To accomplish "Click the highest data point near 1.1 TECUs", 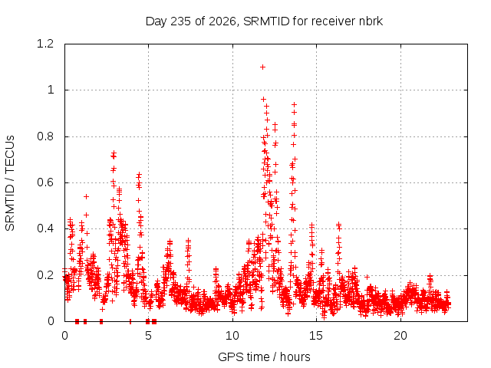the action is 262,67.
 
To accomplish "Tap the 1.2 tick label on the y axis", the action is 45,44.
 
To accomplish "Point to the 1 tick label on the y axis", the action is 51,90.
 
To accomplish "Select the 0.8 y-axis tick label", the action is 45,136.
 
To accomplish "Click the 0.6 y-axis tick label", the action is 45,182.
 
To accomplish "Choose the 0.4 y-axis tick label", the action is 45,228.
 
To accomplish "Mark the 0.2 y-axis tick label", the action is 45,275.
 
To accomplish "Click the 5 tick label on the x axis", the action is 148,336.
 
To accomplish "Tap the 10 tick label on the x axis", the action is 232,336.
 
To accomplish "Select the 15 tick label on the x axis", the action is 316,336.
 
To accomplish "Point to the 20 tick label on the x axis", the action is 400,336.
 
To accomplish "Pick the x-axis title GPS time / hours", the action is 264,356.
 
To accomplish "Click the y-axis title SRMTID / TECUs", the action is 10,183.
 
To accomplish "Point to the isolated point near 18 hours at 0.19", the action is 367,277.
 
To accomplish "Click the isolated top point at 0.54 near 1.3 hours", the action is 86,196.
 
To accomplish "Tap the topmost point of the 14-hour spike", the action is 294,104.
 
